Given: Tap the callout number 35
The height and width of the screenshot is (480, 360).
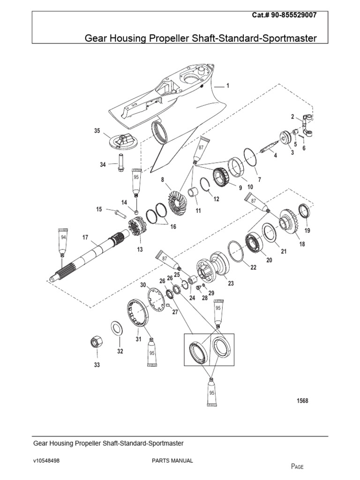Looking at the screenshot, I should point(97,131).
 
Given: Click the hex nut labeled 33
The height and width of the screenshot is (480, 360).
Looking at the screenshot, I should point(96,342).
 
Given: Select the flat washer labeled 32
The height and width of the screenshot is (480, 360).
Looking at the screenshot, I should point(117,328).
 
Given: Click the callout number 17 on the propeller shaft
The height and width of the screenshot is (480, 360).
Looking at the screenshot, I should point(85,238).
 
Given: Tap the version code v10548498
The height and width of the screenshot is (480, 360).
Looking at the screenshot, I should point(46,461).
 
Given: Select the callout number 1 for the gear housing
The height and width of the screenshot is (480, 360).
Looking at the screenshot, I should point(228,85).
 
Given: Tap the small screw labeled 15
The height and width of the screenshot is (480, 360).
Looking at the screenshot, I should point(117,213).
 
